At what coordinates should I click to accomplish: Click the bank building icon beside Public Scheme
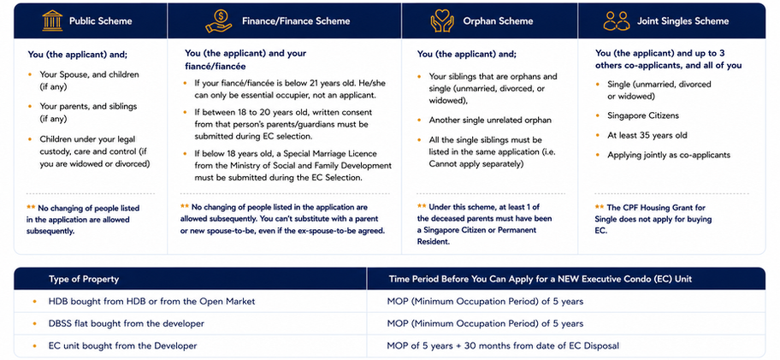52,21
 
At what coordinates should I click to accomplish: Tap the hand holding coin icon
218,21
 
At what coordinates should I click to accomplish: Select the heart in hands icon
442,21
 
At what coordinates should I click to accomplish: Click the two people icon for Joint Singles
617,21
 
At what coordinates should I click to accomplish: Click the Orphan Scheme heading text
498,21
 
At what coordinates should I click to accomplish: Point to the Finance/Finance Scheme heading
296,21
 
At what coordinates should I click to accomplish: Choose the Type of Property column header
84,279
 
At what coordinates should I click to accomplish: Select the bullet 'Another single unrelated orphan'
490,121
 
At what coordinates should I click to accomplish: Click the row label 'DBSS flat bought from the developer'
127,324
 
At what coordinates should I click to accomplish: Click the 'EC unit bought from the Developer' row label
123,345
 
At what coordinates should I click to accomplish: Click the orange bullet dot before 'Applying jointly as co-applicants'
597,155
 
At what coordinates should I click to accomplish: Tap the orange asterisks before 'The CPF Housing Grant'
599,207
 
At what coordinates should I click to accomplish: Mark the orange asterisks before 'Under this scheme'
422,206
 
